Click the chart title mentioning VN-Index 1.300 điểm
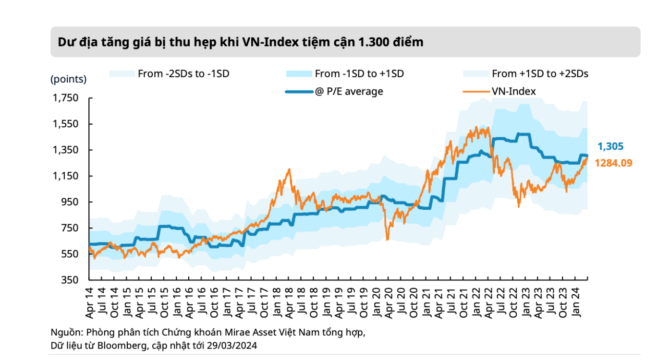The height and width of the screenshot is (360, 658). coord(241,42)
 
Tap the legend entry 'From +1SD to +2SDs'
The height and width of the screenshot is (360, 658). coord(540,74)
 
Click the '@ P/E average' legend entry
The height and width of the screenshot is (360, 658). coord(349,91)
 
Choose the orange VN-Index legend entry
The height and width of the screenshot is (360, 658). coord(513,91)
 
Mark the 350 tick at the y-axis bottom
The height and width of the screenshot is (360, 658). coord(73,280)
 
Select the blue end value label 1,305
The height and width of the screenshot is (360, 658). coord(610,147)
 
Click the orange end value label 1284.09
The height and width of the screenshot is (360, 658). coord(613,163)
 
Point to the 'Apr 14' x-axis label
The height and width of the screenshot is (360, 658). coord(90,303)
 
